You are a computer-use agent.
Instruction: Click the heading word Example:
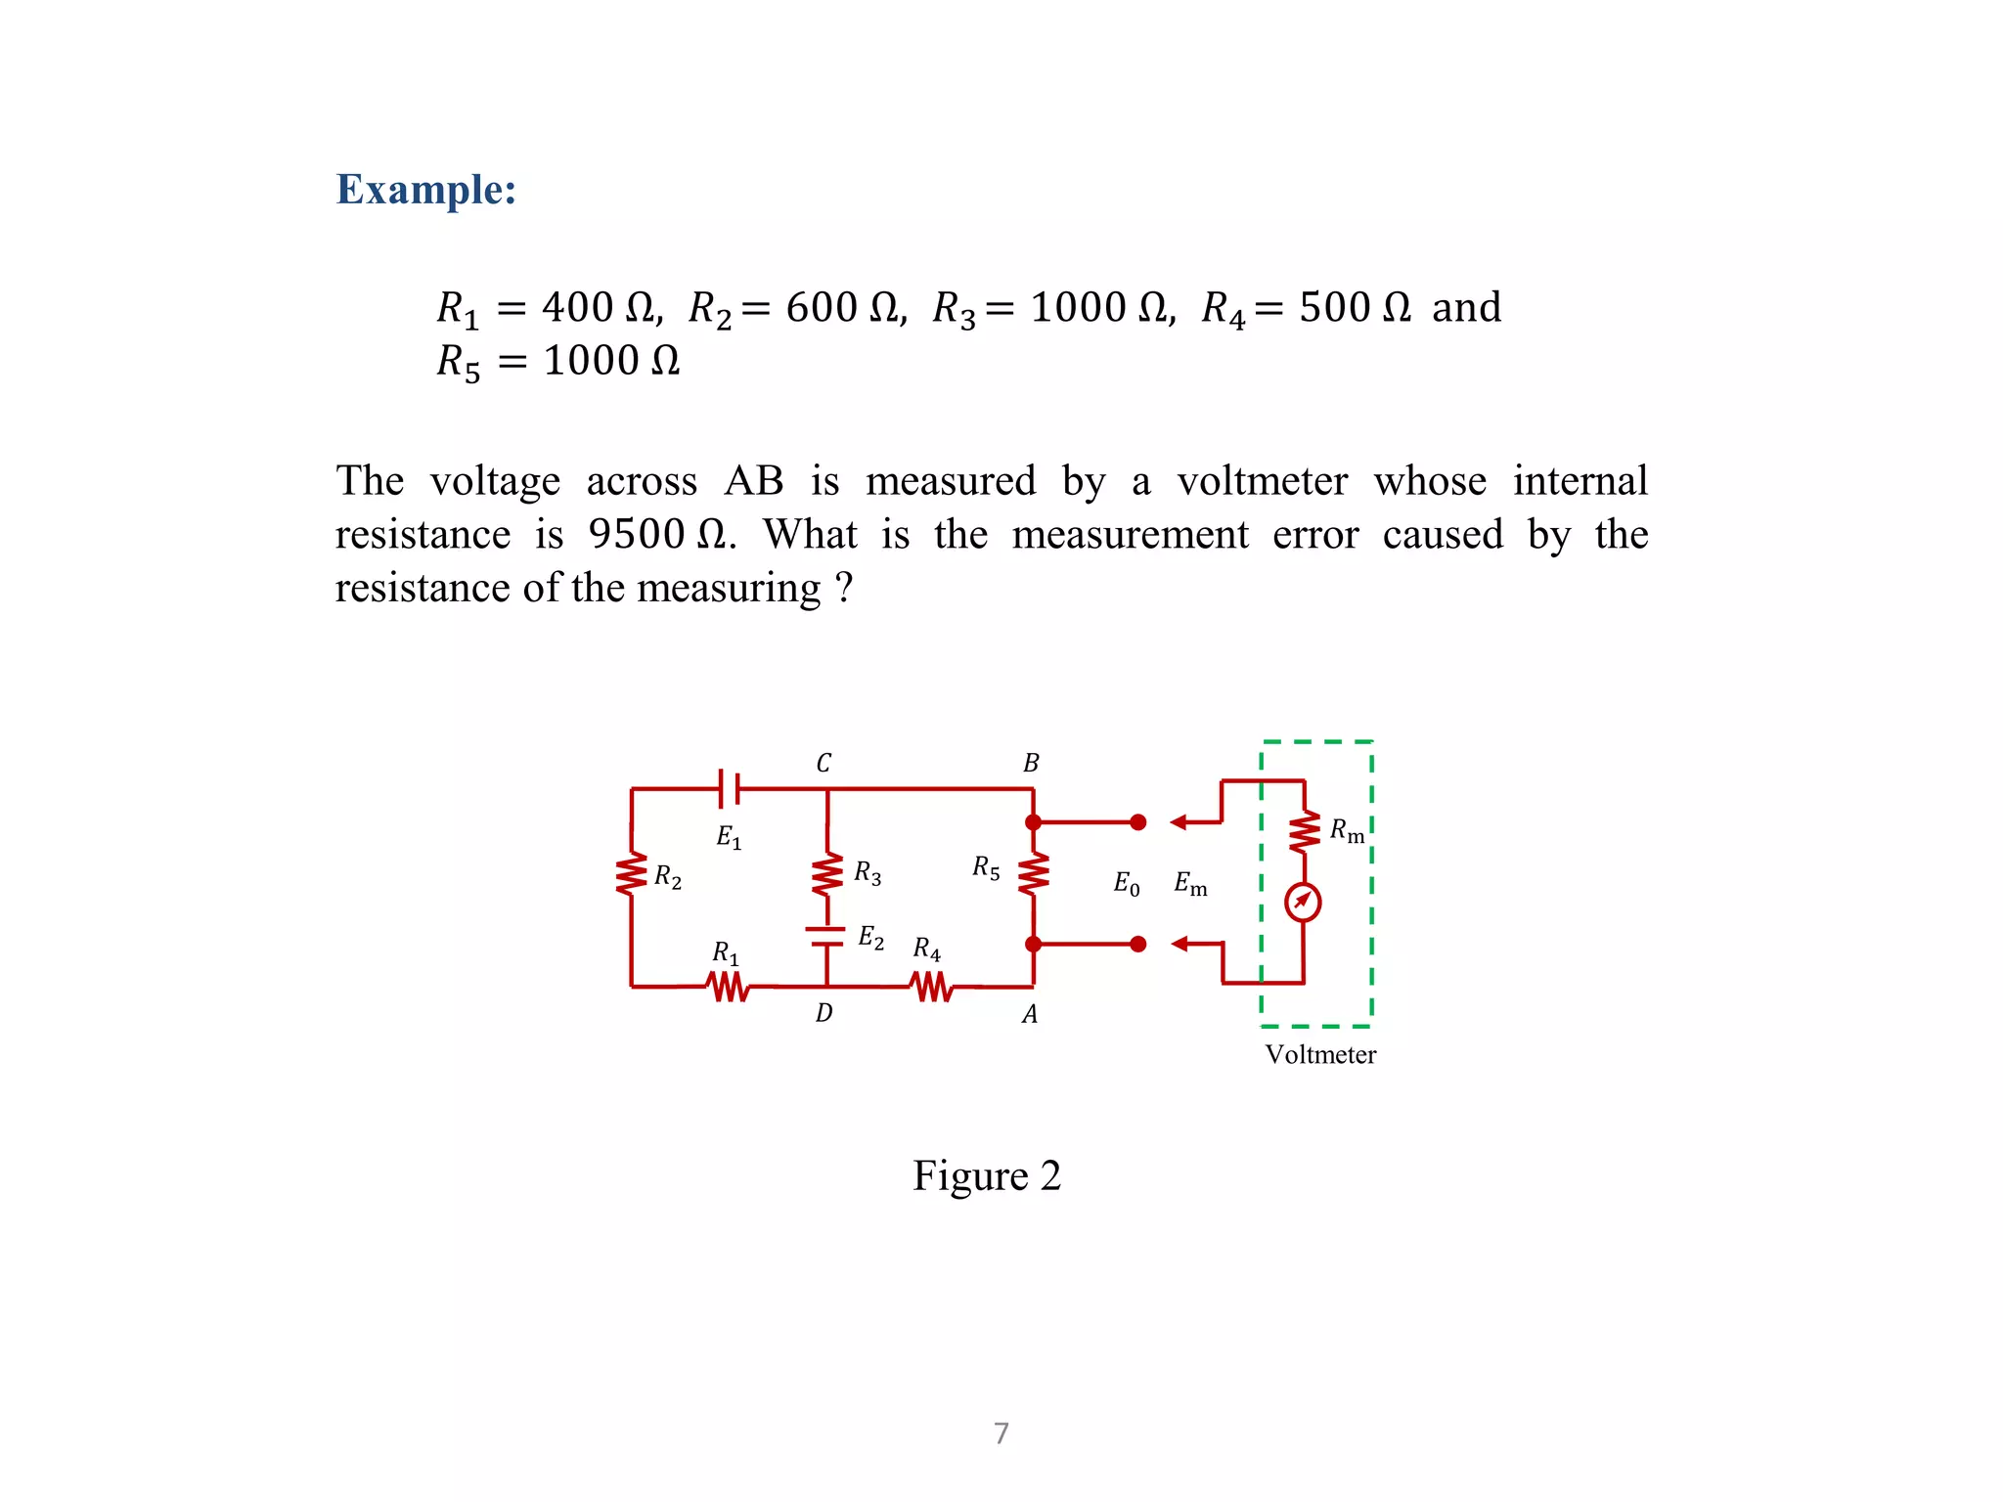pos(425,189)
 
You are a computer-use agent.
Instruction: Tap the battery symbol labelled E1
pos(729,788)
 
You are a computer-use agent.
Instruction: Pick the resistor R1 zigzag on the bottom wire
pos(729,987)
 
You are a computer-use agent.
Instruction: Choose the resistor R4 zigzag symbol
pos(932,987)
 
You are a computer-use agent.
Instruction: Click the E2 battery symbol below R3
pos(826,936)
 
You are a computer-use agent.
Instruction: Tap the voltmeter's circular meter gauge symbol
pos(1303,902)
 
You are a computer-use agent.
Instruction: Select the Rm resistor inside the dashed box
pos(1305,832)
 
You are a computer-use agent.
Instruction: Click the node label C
pos(823,763)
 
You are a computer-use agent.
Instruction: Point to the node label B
pos(1031,763)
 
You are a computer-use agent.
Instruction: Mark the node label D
pos(823,1013)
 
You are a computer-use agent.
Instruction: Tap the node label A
pos(1030,1015)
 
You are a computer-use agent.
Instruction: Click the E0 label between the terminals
pos(1127,884)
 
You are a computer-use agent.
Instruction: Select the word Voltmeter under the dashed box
pos(1320,1054)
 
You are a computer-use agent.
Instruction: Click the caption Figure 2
pos(986,1175)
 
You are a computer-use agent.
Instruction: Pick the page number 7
pos(1001,1434)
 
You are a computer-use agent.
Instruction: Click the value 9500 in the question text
pos(636,534)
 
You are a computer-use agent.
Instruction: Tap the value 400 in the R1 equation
pos(577,307)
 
